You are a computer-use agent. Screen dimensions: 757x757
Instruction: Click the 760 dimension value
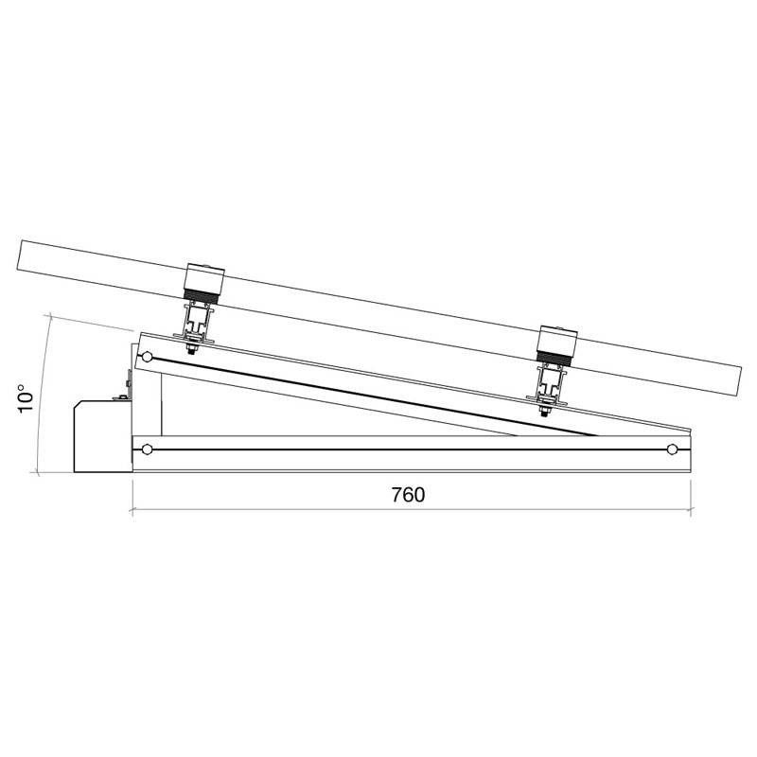coord(408,495)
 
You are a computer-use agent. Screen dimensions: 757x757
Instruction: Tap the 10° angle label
coord(26,398)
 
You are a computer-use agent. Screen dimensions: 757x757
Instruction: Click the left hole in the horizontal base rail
coord(148,449)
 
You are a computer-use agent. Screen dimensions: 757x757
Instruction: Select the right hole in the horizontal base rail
coord(672,449)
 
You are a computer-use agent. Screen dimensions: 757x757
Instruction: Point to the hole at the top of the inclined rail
coord(148,358)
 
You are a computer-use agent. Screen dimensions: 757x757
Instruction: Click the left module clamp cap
coord(205,276)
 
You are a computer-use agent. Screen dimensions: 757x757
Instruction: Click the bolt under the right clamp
coord(544,412)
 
